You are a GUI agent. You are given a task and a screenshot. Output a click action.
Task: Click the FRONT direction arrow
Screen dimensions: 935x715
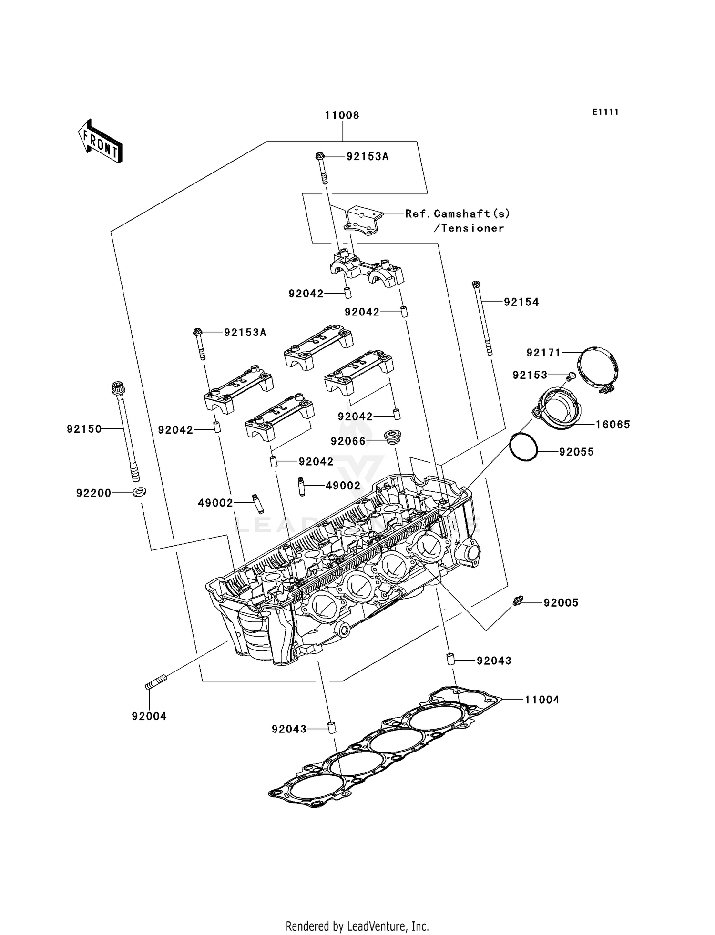pos(101,142)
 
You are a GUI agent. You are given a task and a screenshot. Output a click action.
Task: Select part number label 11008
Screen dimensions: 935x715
pos(342,115)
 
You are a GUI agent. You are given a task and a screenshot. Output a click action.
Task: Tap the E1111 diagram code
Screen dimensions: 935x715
pos(605,112)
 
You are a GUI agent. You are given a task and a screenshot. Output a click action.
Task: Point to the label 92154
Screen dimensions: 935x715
pos(521,302)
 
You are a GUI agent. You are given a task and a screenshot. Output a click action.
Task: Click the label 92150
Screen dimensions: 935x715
pos(84,429)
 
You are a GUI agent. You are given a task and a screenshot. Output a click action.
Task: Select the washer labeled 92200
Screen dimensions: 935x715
pos(140,491)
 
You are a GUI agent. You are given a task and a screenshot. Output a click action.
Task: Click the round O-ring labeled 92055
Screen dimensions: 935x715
pos(523,447)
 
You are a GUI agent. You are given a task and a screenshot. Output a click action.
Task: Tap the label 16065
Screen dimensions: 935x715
pos(613,425)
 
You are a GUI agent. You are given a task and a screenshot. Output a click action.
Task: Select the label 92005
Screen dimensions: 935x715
pos(561,603)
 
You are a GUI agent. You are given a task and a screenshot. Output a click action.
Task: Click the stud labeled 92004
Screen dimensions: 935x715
pos(156,681)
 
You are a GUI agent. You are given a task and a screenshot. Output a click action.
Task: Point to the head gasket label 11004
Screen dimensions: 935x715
pos(542,700)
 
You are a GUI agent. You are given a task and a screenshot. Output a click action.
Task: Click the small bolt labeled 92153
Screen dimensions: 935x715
pos(571,377)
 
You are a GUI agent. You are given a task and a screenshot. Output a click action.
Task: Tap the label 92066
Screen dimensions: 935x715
pos(348,442)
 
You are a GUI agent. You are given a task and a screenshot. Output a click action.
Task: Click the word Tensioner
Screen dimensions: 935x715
pos(472,228)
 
